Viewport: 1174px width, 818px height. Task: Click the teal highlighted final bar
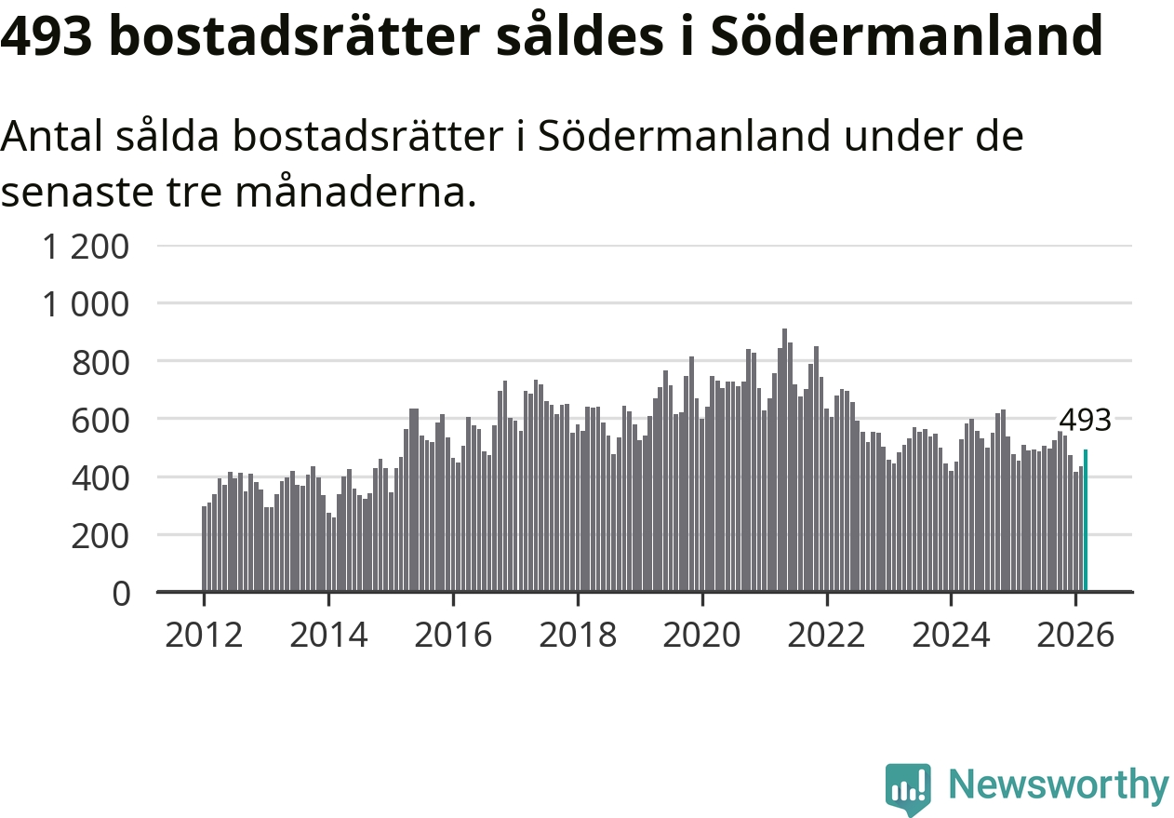[x=1085, y=520]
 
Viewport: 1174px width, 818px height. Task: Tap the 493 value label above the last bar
[x=1086, y=421]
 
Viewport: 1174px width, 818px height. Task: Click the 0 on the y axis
[x=121, y=593]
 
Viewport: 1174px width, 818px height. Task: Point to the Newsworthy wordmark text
[x=1059, y=786]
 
